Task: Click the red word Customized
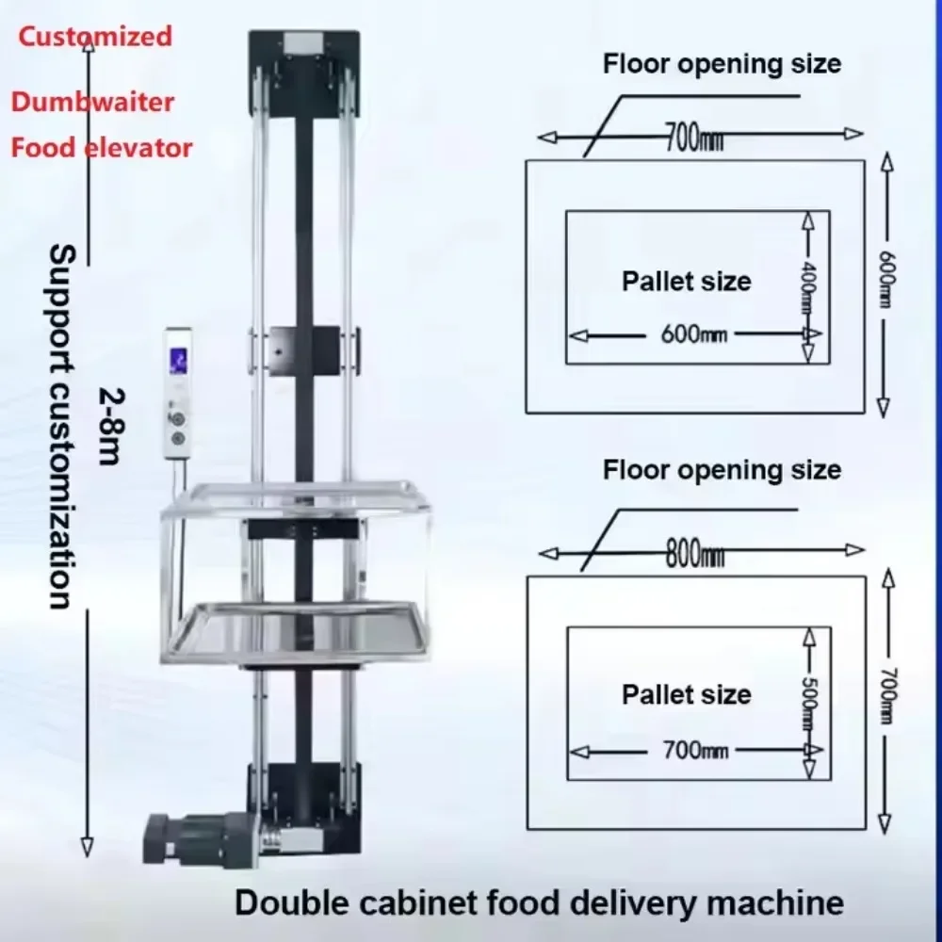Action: click(x=95, y=36)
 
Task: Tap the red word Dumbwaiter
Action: click(x=92, y=102)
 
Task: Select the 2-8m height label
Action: click(x=112, y=427)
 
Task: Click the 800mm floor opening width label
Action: click(x=695, y=553)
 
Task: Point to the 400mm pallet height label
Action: click(x=808, y=286)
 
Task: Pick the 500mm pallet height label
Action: click(x=810, y=703)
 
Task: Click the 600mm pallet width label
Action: click(x=694, y=334)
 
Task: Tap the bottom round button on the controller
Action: click(x=178, y=439)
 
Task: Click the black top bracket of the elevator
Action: click(x=304, y=73)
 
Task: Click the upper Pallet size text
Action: click(x=686, y=281)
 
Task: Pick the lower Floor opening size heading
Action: click(x=722, y=470)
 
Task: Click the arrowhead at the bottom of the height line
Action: click(x=87, y=847)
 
